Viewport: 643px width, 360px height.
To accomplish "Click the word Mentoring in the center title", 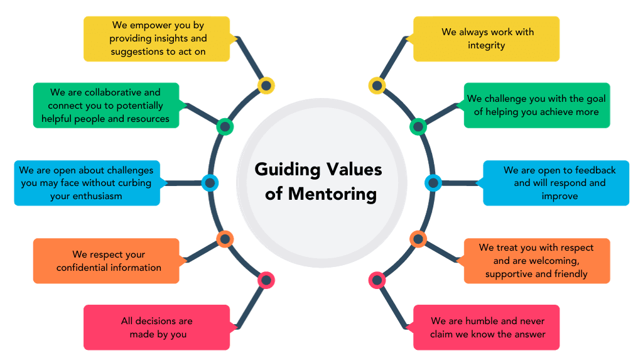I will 333,194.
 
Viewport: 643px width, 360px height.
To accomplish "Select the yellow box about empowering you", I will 157,38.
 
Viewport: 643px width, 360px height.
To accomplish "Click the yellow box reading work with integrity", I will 486,38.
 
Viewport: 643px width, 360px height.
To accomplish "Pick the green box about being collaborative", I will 105,106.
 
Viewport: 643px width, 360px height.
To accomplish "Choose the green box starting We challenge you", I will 536,106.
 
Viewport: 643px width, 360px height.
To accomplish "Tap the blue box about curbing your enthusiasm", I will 87,183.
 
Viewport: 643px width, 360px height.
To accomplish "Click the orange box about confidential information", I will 107,261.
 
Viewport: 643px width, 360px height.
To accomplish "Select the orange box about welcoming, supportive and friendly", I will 536,261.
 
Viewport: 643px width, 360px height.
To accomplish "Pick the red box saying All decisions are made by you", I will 157,327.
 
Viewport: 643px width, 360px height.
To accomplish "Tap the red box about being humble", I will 486,327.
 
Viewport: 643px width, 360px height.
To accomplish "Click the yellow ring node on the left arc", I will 266,85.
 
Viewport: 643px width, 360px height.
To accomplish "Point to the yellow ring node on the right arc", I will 377,85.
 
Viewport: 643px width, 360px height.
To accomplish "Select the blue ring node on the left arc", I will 210,183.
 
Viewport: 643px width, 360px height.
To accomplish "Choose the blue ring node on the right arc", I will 433,183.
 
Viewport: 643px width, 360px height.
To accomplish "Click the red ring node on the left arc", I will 266,280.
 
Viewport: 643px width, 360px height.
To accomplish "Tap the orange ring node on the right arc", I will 418,239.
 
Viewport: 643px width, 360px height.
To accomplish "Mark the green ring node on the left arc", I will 225,127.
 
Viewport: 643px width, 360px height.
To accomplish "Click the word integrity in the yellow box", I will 487,45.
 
